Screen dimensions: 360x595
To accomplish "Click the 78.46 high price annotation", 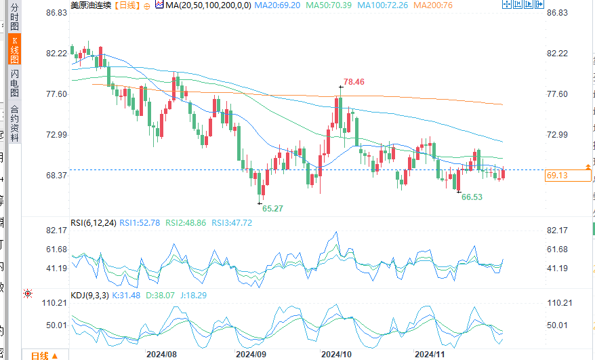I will (x=353, y=82).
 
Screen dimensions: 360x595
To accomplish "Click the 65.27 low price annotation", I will (x=272, y=208).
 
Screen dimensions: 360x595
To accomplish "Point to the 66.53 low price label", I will (x=472, y=197).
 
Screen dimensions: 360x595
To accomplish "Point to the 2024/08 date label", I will (x=161, y=355).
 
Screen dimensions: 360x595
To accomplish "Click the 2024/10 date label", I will (x=335, y=355).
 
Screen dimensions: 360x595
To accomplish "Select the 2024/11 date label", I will (x=429, y=355).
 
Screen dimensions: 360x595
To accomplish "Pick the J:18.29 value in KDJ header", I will (x=194, y=295).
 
